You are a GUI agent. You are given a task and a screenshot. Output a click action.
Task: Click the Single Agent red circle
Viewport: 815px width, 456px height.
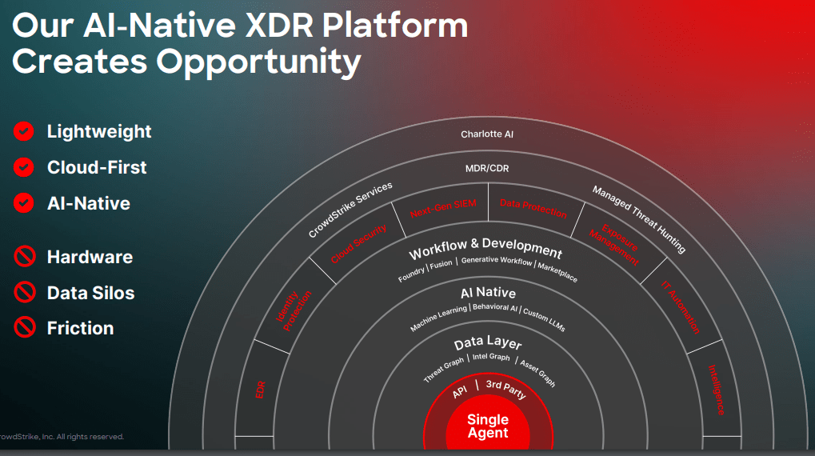click(x=488, y=426)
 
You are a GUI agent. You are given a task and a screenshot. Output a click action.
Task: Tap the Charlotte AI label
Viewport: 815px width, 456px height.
click(x=487, y=134)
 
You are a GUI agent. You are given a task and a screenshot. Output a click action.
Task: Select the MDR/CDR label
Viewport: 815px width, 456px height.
click(x=487, y=169)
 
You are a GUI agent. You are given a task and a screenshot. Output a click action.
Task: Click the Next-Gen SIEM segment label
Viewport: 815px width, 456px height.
click(x=443, y=208)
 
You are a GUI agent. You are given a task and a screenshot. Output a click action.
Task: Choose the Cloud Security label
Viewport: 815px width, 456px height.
click(x=358, y=243)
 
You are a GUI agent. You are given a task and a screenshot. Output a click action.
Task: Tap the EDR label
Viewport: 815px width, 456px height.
click(x=260, y=390)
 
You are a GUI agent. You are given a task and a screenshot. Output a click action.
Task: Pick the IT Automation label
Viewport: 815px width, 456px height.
click(x=681, y=307)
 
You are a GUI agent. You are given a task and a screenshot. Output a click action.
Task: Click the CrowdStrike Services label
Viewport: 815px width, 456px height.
click(x=350, y=210)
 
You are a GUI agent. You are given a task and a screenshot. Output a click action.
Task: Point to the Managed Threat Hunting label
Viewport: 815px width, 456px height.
click(x=639, y=218)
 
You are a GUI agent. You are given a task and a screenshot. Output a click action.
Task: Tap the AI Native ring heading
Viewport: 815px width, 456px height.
click(x=488, y=293)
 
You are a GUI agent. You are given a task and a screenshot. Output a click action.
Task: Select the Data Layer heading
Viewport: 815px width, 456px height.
click(x=488, y=343)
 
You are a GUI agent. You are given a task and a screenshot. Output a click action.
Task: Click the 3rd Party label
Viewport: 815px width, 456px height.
click(x=505, y=390)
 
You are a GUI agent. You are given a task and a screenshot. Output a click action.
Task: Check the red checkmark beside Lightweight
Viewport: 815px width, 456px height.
click(x=24, y=131)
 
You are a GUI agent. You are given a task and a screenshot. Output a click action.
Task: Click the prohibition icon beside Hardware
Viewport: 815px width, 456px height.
click(x=24, y=257)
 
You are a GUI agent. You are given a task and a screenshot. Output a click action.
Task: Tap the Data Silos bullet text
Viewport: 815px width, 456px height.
click(x=90, y=293)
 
